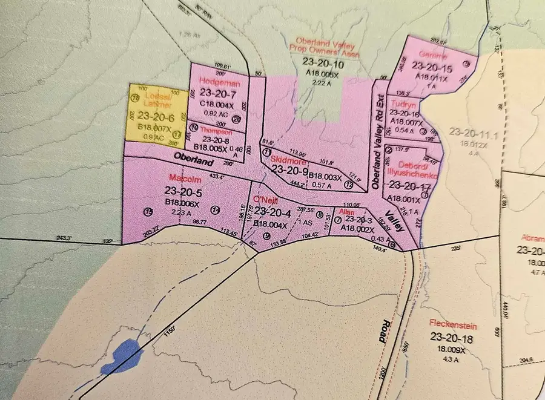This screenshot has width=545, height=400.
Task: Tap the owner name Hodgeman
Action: [214, 82]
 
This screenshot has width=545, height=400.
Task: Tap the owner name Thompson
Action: [216, 131]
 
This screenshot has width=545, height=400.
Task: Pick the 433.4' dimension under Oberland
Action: [216, 177]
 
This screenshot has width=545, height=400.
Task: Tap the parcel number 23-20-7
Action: [216, 94]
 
